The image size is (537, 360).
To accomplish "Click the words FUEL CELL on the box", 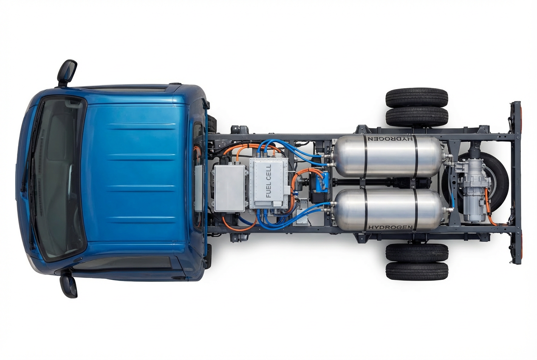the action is tap(268, 181).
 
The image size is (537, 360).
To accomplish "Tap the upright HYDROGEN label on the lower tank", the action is tap(390, 227).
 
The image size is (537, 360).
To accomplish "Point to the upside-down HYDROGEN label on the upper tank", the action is tap(390, 139).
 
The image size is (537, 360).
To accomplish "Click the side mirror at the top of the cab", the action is tap(67, 73).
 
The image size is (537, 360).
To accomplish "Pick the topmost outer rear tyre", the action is tap(417, 98).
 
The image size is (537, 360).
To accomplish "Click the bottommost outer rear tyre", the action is tap(417, 271).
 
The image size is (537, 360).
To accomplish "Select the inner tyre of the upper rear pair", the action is tap(417, 117).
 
